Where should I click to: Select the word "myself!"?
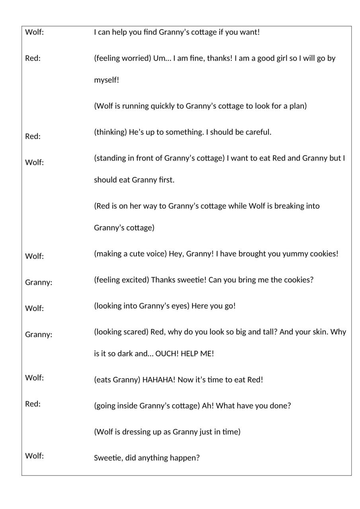pyautogui.click(x=107, y=80)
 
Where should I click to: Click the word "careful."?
pyautogui.click(x=259, y=132)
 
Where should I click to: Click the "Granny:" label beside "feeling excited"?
pyautogui.click(x=39, y=282)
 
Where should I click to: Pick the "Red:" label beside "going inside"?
pyautogui.click(x=33, y=404)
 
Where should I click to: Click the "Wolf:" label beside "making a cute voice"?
pyautogui.click(x=34, y=256)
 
